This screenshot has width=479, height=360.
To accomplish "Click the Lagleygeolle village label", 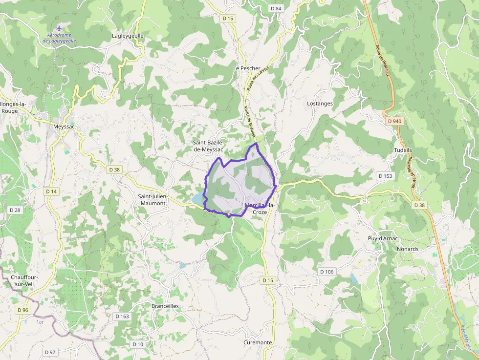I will (x=128, y=36).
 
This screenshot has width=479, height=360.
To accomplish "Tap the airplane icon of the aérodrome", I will (x=59, y=28).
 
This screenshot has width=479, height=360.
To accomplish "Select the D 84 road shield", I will (x=276, y=9).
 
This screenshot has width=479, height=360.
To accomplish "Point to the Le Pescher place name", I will (x=247, y=68).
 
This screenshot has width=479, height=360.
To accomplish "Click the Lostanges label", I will (x=320, y=104).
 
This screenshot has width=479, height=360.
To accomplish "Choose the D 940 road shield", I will (x=393, y=121).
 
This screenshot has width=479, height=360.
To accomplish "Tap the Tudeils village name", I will (x=403, y=150).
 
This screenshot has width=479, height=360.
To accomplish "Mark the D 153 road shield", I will (x=385, y=176).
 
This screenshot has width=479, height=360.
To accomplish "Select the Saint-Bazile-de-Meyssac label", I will (x=208, y=146).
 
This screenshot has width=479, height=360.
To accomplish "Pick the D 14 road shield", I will (x=51, y=191).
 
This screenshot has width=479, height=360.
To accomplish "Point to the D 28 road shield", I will (x=15, y=210).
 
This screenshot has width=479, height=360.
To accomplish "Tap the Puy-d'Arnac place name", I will (x=383, y=238).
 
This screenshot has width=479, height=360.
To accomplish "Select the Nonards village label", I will (x=408, y=249).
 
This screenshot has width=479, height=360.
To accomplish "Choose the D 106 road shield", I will (x=326, y=272).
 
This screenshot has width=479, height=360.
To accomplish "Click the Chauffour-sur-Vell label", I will (x=24, y=280).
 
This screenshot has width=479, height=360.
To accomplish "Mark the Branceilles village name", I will (x=165, y=306).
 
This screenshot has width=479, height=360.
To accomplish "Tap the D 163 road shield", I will (x=122, y=317).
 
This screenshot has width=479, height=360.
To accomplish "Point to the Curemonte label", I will (x=258, y=342).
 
